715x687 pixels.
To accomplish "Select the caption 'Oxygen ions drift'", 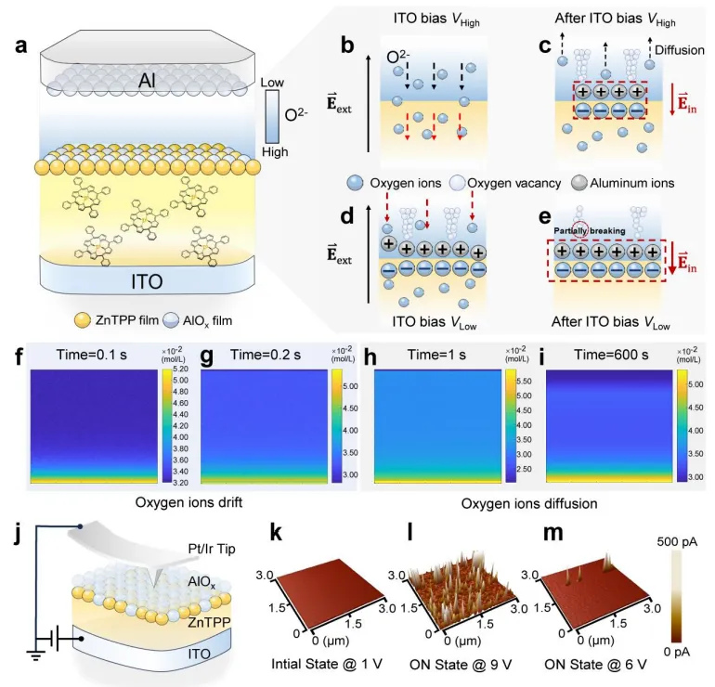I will [178, 504].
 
